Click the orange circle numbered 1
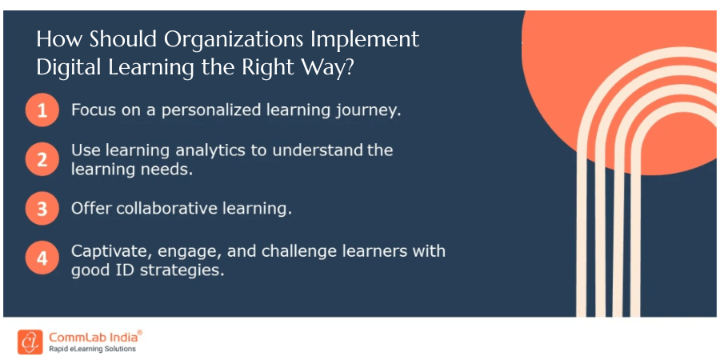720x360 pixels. (42, 110)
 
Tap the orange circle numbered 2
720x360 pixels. (42, 159)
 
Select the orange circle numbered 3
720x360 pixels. (42, 209)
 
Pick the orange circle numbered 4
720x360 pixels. (42, 258)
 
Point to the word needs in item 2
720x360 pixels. (164, 170)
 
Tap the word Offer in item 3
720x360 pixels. (91, 209)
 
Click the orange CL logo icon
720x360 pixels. (30, 342)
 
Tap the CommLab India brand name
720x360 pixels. (94, 338)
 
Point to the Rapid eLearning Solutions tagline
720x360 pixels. (92, 349)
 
